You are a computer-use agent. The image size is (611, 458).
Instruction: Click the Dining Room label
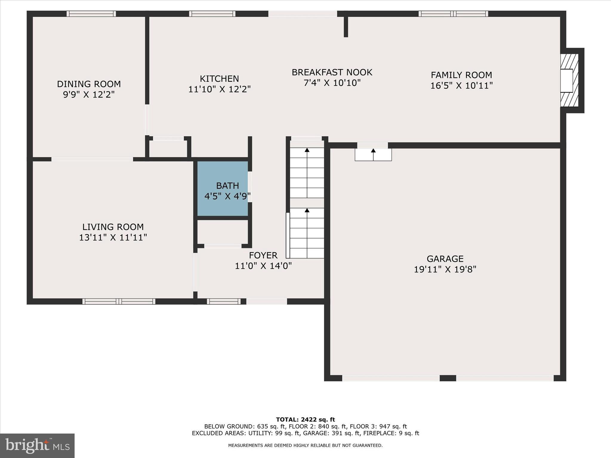pos(89,84)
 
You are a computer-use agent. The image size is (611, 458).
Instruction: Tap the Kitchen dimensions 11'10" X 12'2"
pos(219,89)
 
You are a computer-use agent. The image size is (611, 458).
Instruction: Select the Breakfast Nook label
pos(332,72)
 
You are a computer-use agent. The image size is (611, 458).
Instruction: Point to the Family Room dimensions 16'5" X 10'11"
pos(461,86)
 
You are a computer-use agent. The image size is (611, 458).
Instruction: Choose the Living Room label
pos(113,227)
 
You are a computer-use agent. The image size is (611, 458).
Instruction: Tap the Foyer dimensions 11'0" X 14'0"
pos(263,266)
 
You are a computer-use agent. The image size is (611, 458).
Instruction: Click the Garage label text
pos(445,259)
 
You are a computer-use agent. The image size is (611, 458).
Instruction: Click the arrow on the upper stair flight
pos(307,150)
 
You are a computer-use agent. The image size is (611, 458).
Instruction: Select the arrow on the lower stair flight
pos(307,211)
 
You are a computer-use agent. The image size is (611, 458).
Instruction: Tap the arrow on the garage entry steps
pos(373,151)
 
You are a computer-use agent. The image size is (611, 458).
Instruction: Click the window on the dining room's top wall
pos(91,14)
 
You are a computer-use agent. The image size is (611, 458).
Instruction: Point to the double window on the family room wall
pos(453,14)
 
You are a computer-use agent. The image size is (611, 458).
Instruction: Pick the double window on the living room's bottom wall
pos(119,301)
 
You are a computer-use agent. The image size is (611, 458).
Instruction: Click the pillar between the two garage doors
pos(448,378)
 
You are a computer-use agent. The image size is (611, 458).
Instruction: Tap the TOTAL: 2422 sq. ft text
pos(305,420)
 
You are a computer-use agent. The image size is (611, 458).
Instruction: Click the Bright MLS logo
pos(37,445)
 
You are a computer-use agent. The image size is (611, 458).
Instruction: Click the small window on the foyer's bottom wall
pos(224,301)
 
